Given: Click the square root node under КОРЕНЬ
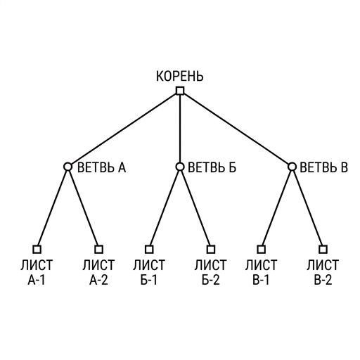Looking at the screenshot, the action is (180, 91).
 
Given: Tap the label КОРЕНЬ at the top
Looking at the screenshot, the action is (180, 76).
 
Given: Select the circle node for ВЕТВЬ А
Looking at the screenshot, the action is (67, 167).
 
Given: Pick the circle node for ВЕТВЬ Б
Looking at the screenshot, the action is (180, 167).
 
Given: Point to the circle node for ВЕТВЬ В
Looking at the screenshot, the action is (292, 167).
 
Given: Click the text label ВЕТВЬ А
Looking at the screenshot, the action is (101, 167).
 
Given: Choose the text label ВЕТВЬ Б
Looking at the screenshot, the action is (212, 167).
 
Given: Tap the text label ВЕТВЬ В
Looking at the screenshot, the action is (323, 167).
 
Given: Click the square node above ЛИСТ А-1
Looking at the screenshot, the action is (37, 249).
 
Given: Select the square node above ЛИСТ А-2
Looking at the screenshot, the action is (98, 249).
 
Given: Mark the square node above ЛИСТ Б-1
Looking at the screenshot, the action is (149, 249).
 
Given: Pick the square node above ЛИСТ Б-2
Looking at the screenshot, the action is (211, 249).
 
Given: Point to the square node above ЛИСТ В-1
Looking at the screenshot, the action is (261, 249).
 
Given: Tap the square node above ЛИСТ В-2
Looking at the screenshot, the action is (323, 249).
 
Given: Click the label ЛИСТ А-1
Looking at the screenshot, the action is (37, 272).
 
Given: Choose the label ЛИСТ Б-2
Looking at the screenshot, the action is (211, 272).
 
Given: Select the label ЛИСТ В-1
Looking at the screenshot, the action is (261, 272).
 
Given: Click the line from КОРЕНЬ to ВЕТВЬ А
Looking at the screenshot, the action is (124, 129).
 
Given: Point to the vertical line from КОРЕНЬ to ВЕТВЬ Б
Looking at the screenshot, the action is (180, 129).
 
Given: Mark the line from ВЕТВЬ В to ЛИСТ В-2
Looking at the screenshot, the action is (307, 208).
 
